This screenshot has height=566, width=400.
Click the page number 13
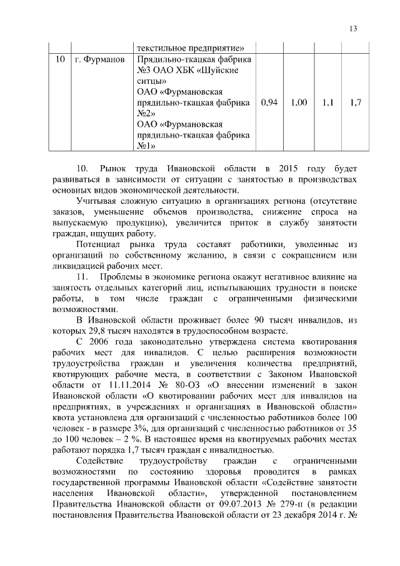[353, 28]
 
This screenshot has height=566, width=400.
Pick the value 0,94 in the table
[267, 102]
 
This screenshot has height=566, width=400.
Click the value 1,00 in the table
[299, 102]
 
